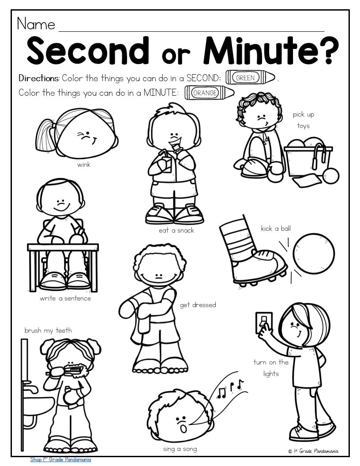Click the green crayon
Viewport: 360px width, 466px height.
251,78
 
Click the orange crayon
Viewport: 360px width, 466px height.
210,93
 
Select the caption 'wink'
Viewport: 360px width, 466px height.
84,165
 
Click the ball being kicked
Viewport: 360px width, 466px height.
314,253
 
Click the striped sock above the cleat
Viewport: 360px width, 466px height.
238,238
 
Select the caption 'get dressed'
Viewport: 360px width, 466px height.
198,305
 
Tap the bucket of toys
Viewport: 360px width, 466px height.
308,159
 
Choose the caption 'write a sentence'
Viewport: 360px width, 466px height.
65,298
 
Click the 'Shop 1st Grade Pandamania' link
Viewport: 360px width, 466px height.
60,459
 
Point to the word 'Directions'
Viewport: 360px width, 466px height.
39,78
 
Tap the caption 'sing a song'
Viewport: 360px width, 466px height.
180,449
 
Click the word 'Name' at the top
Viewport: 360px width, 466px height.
36,24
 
